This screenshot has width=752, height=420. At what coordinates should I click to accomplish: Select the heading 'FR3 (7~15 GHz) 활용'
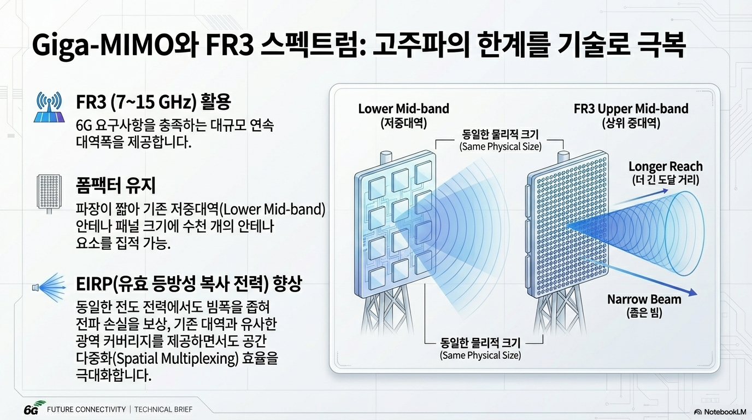coord(154,102)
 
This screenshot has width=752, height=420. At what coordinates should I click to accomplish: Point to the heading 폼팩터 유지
coord(116,185)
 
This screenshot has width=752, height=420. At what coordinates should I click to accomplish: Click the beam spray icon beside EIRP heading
coord(51,287)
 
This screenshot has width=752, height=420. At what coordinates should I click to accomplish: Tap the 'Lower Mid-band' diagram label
coord(403,109)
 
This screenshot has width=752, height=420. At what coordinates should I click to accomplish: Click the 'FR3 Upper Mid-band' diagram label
coord(631,109)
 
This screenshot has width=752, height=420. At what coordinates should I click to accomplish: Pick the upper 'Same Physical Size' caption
coord(501,147)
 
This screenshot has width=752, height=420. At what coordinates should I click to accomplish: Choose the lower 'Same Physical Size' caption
coord(480,355)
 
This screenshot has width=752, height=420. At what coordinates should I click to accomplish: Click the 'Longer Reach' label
coord(665,166)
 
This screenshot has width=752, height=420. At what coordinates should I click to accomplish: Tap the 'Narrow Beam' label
coord(644,299)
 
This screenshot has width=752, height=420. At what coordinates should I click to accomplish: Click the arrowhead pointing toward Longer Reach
coord(665,191)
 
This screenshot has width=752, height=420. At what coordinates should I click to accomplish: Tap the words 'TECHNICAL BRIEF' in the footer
coord(163,409)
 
